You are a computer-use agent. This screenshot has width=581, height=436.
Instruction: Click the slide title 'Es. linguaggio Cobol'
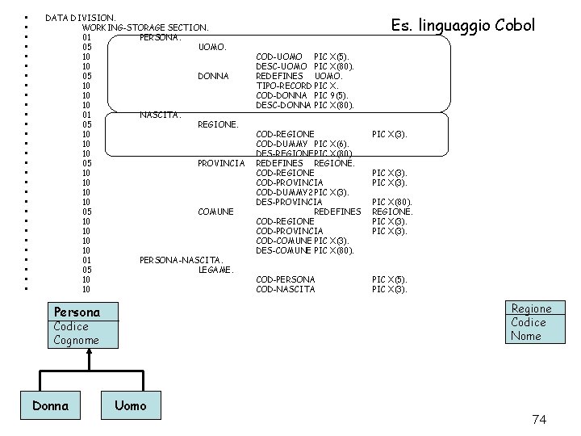pos(462,25)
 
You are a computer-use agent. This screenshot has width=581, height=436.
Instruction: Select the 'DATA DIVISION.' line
pos(80,17)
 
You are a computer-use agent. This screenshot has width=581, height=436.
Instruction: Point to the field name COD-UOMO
pos(279,57)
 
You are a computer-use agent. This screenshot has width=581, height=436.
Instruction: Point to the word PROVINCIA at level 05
pos(220,163)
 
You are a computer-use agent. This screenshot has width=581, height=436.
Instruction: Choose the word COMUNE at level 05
pos(215,212)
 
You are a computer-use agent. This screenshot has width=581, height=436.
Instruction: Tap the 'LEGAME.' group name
pos(215,270)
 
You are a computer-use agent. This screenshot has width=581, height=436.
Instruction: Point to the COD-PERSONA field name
pos(285,279)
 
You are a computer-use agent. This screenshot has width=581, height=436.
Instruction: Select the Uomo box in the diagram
pos(131,405)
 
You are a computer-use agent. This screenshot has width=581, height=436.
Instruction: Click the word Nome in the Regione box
pos(526,336)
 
